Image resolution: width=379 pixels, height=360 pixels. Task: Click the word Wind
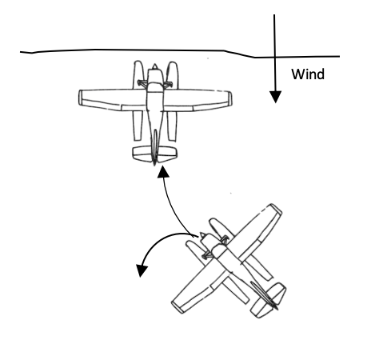tap(308, 74)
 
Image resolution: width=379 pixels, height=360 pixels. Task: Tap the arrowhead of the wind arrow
tap(275, 97)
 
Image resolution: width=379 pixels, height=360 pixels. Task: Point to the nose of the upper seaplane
tap(154, 65)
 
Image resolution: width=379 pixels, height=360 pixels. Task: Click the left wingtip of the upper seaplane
tap(80, 98)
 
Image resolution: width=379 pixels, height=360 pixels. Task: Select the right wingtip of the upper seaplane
tap(230, 99)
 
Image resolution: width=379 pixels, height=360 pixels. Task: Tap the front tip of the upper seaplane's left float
tap(138, 62)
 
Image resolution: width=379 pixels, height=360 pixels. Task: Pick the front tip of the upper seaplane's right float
tap(173, 63)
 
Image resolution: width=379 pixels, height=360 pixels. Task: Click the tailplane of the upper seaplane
tap(154, 154)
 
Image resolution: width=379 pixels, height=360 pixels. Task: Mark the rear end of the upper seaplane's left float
tap(138, 139)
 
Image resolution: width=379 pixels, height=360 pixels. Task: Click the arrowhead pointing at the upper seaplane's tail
tap(163, 171)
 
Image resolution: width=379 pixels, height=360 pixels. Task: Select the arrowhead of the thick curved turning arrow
tap(142, 270)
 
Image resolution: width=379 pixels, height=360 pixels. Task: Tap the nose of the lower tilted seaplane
tap(202, 234)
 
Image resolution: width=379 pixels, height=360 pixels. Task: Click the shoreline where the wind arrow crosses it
tap(275, 57)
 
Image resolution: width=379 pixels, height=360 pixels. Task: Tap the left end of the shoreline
tap(21, 52)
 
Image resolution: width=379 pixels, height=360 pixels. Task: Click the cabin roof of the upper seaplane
tap(155, 88)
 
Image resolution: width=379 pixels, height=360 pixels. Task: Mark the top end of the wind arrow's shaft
tap(274, 15)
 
